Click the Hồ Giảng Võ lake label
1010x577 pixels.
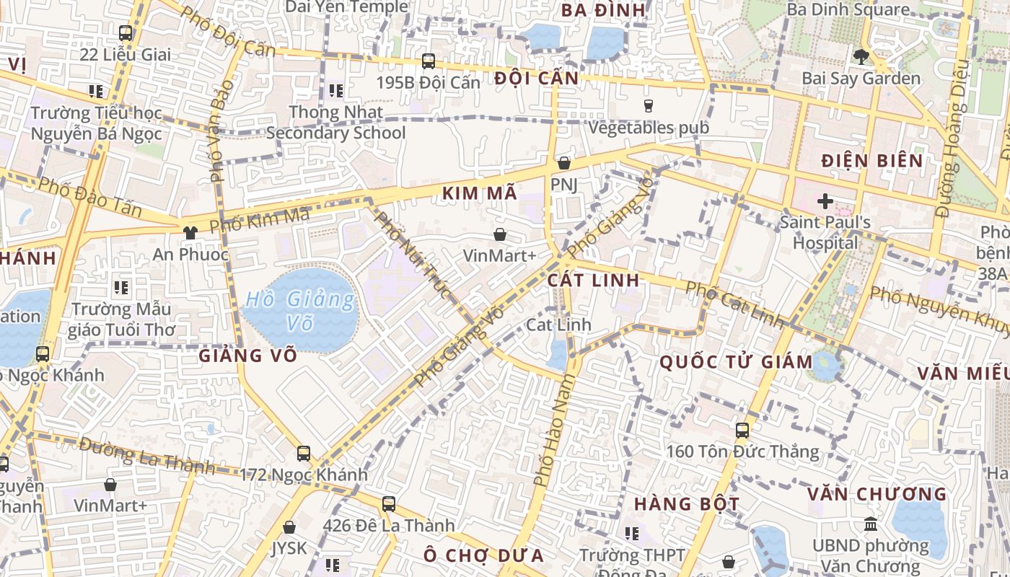[300, 309]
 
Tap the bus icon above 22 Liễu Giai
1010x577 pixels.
[126, 32]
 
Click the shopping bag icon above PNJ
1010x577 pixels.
[564, 163]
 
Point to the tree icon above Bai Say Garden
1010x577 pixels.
[861, 56]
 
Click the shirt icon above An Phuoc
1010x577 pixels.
[190, 232]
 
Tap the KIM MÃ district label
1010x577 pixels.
[480, 193]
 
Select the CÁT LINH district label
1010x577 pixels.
[594, 280]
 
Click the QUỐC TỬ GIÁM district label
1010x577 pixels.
[737, 361]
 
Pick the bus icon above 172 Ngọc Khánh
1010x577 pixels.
[304, 453]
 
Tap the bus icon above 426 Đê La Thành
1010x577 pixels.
[389, 503]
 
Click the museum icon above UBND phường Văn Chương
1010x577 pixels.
[871, 524]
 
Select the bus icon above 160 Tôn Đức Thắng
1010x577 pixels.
[742, 431]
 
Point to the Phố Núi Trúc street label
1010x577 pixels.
[413, 255]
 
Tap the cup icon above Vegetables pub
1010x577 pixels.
[648, 105]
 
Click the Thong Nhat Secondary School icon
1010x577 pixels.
[335, 91]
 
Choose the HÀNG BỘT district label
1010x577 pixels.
[687, 503]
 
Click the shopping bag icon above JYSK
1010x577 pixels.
[289, 527]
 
